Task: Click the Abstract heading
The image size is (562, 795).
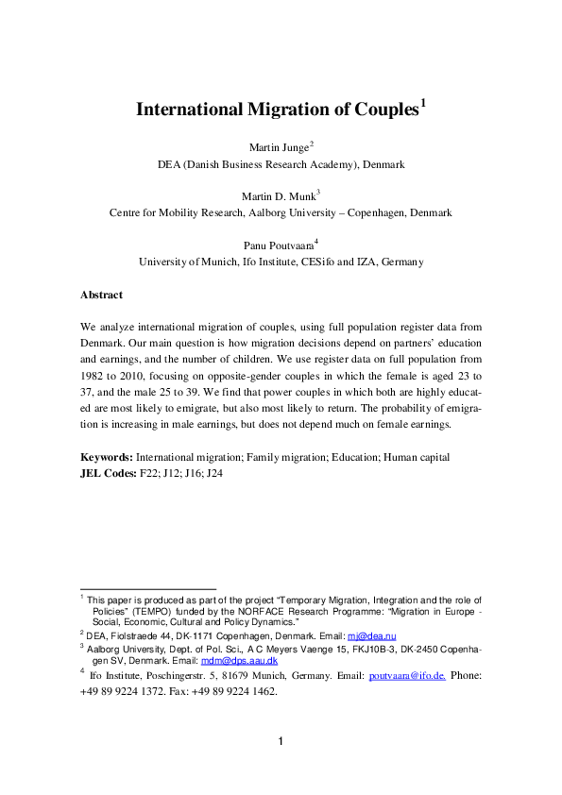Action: coord(101,295)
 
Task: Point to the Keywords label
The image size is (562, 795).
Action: coord(107,457)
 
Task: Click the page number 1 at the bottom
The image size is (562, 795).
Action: coord(281,740)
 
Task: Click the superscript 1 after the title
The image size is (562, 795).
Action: coord(424,102)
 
